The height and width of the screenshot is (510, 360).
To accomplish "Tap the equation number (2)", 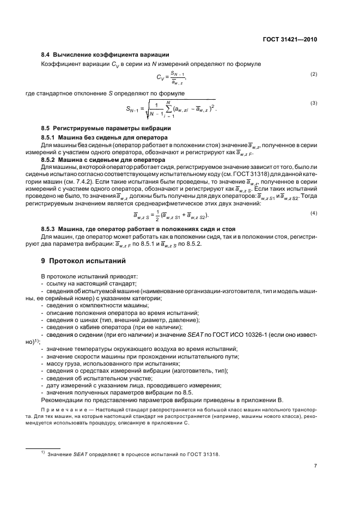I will pos(314,74).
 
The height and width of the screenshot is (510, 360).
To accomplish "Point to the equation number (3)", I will pos(314,103).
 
